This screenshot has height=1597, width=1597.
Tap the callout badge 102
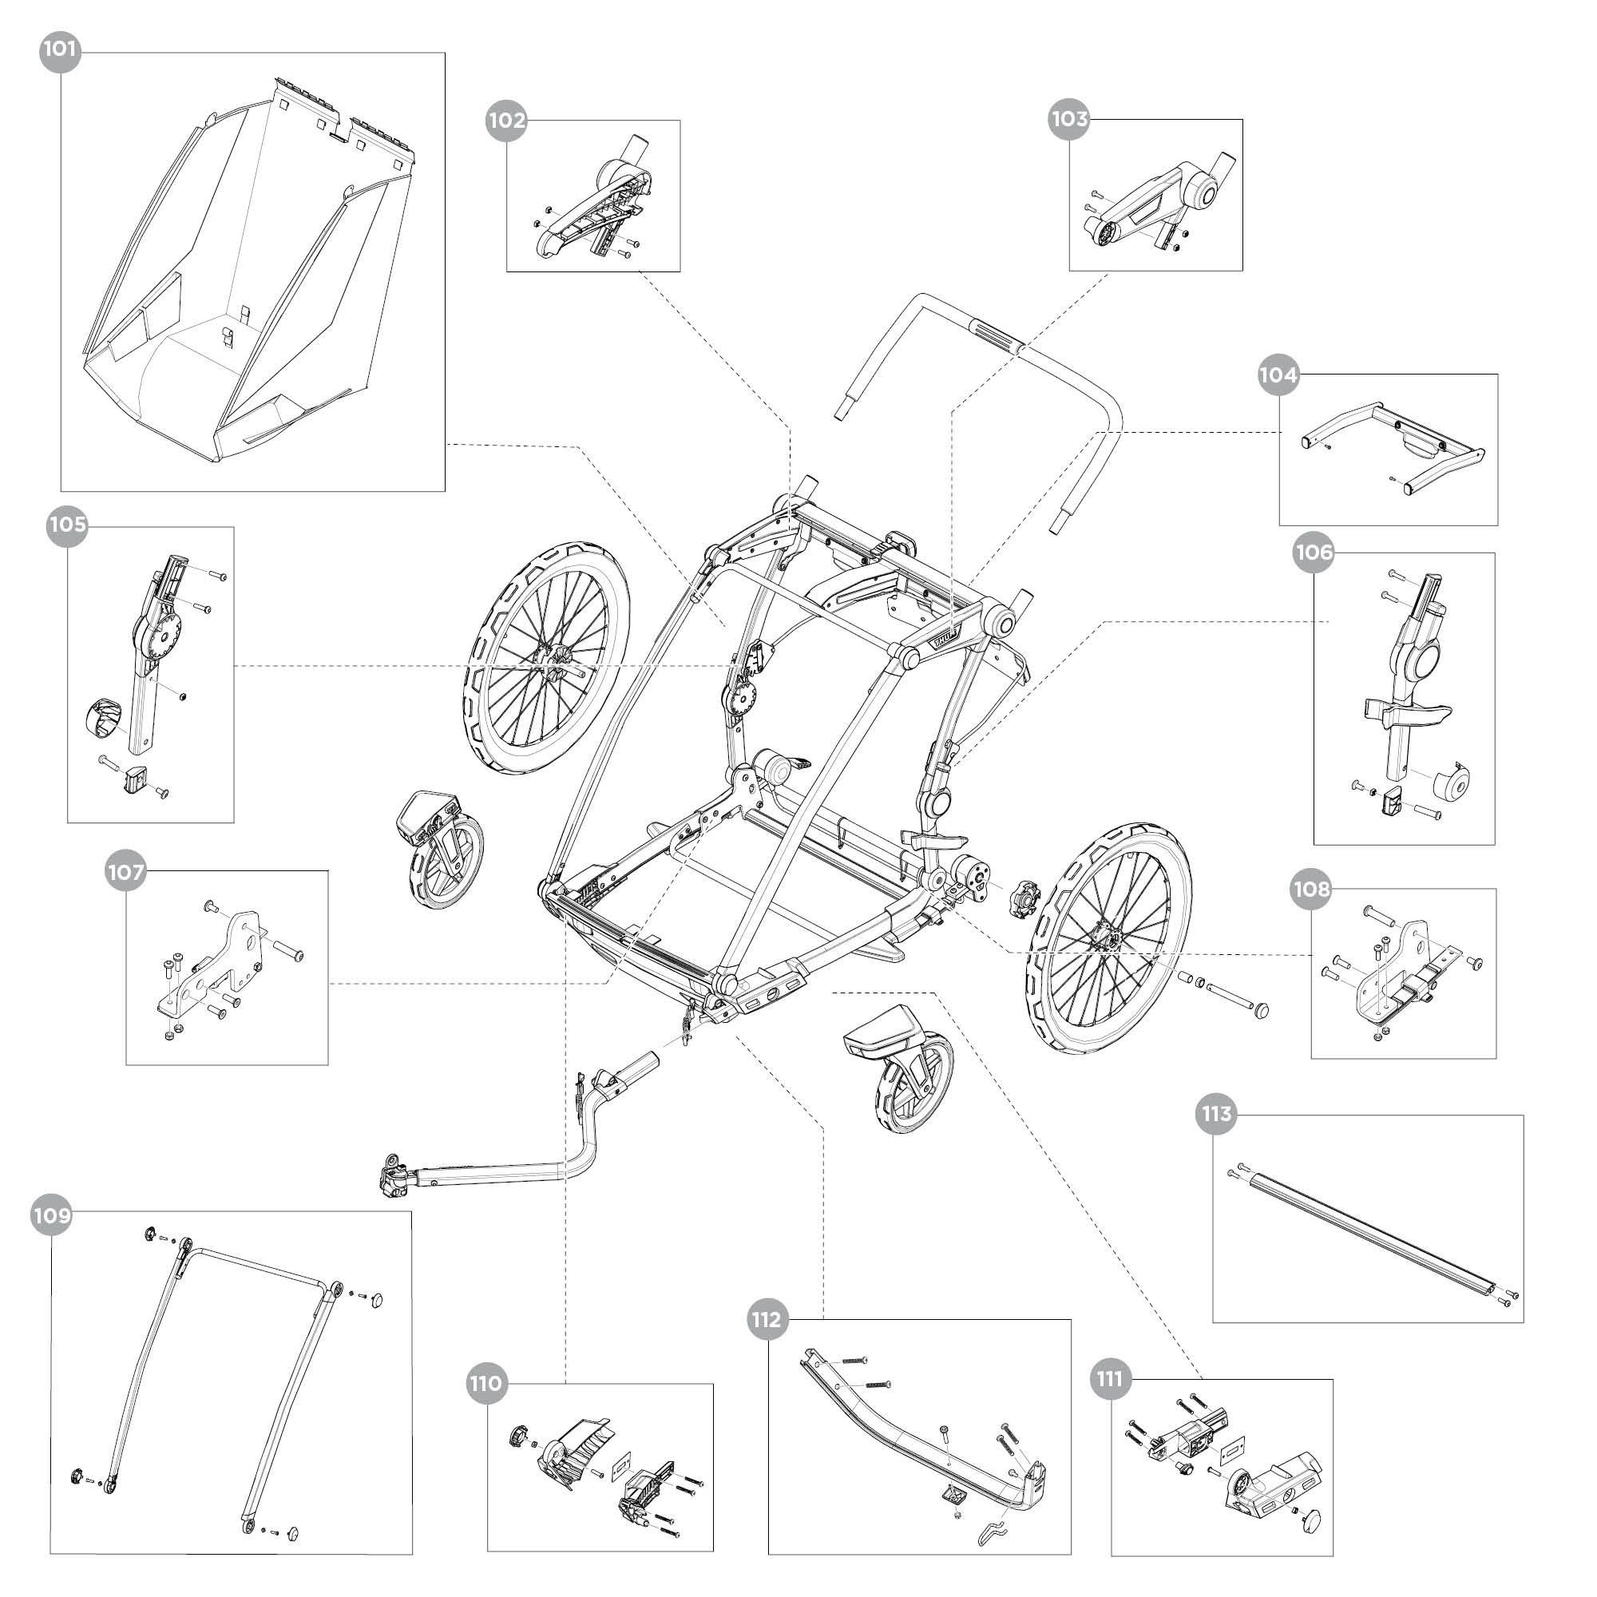tap(506, 121)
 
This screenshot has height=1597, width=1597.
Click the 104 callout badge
tap(1278, 375)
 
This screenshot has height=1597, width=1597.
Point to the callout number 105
tap(67, 526)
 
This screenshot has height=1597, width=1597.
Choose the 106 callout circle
tap(1314, 553)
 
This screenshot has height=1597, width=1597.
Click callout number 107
tap(125, 872)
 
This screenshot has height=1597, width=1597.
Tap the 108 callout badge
tap(1312, 890)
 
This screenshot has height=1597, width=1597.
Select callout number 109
tap(51, 1216)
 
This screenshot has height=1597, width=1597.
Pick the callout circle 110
tap(486, 1383)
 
